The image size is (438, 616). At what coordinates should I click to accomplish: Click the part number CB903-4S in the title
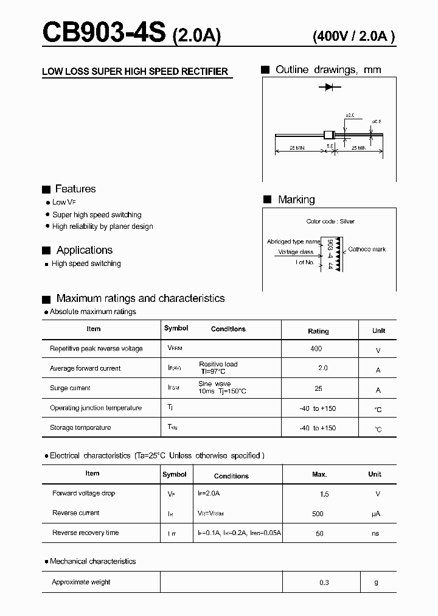pyautogui.click(x=103, y=33)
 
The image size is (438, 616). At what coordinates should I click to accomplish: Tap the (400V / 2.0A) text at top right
pyautogui.click(x=353, y=36)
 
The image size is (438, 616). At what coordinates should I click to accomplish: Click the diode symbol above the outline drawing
pyautogui.click(x=329, y=88)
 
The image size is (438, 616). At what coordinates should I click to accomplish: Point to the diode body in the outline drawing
pyautogui.click(x=329, y=134)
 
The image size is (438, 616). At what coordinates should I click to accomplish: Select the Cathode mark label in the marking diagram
pyautogui.click(x=367, y=250)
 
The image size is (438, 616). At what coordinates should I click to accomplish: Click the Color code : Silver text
pyautogui.click(x=330, y=222)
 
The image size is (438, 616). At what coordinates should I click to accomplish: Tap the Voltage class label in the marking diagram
pyautogui.click(x=296, y=252)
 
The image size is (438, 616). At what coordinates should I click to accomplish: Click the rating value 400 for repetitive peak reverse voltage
pyautogui.click(x=316, y=349)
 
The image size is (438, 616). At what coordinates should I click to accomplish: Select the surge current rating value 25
pyautogui.click(x=318, y=388)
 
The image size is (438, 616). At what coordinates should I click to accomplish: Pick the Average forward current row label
pyautogui.click(x=85, y=368)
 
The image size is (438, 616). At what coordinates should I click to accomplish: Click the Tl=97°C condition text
pyautogui.click(x=212, y=371)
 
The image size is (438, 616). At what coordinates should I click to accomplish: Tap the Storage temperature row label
pyautogui.click(x=80, y=428)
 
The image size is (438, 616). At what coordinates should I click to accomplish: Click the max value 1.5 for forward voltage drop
pyautogui.click(x=324, y=494)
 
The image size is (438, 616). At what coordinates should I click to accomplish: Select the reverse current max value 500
pyautogui.click(x=318, y=514)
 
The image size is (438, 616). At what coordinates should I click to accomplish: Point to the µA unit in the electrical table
pyautogui.click(x=375, y=514)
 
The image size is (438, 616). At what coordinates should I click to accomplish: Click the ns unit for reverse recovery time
pyautogui.click(x=375, y=533)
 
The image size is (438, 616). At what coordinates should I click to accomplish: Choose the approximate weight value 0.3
pyautogui.click(x=324, y=583)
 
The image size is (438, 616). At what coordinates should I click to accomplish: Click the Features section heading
pyautogui.click(x=75, y=189)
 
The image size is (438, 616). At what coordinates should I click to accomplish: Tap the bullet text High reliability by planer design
pyautogui.click(x=102, y=226)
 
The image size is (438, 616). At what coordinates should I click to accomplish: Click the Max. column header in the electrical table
pyautogui.click(x=319, y=474)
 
